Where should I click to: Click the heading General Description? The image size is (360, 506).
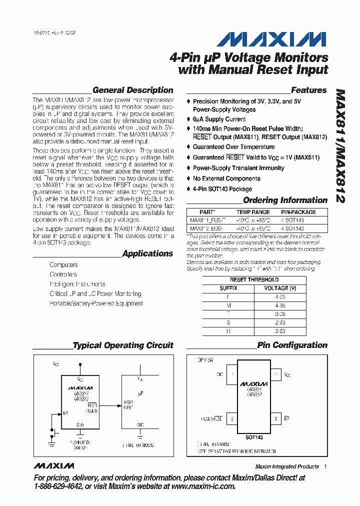[133, 90]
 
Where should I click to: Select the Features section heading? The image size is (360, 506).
[308, 90]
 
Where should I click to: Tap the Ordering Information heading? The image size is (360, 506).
[285, 200]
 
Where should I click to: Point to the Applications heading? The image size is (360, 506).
[147, 253]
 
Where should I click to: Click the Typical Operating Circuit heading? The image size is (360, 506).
[123, 345]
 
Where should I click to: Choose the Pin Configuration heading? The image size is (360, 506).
[292, 345]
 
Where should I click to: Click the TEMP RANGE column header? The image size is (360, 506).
[253, 212]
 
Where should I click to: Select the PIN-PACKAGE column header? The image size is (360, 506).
[298, 212]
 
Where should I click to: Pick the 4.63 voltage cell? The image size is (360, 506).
[279, 297]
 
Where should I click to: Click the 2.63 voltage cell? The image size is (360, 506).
[279, 331]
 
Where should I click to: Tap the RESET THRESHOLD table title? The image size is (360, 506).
[254, 279]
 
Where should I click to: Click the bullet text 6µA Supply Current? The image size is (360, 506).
[219, 119]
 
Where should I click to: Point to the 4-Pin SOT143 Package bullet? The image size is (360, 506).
[222, 189]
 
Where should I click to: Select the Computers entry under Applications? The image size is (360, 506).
[63, 264]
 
